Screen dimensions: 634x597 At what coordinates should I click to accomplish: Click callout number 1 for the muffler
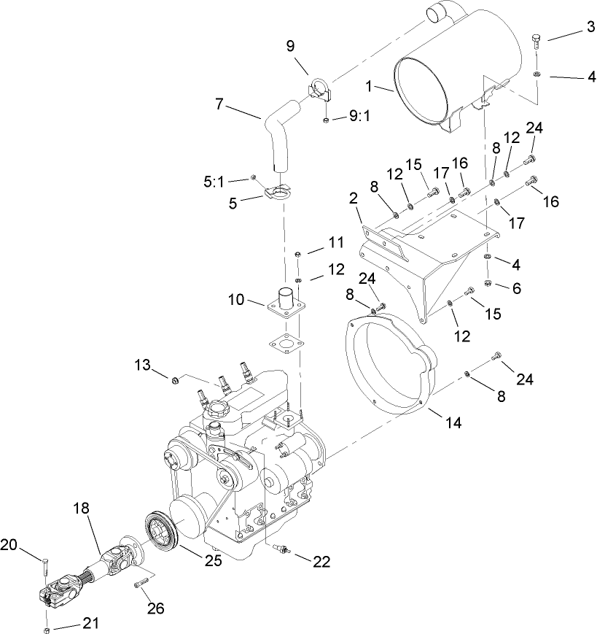pos(369,86)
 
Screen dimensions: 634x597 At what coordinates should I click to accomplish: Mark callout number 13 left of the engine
pos(141,364)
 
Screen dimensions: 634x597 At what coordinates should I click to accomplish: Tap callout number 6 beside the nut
pos(516,289)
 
